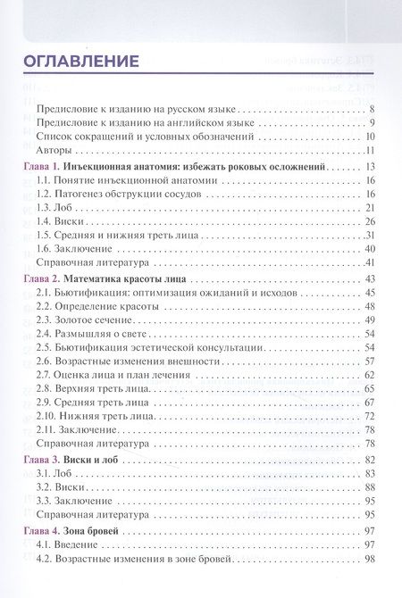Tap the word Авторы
tap(55, 151)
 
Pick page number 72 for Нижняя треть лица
tap(368, 416)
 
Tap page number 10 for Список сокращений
tap(368, 137)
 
